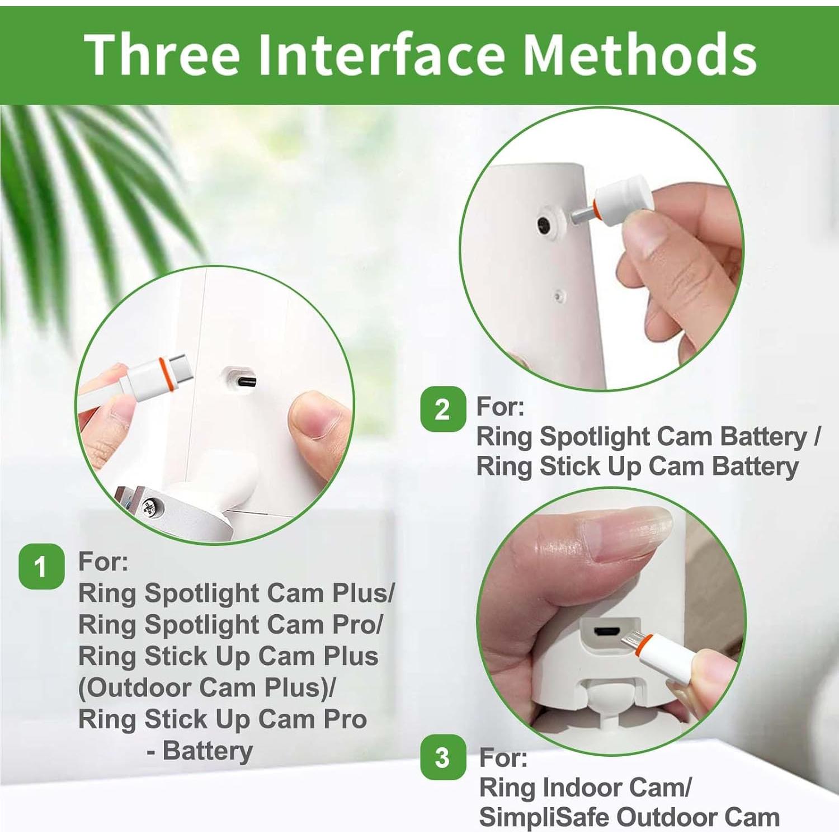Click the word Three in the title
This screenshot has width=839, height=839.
tap(163, 54)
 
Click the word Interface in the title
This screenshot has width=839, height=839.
tap(383, 54)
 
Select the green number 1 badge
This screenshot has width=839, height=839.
tap(41, 566)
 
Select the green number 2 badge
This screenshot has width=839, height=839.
tap(443, 409)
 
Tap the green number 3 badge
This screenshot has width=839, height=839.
tap(443, 757)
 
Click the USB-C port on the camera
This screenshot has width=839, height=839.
tap(246, 382)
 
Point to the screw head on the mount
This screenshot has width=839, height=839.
tap(150, 507)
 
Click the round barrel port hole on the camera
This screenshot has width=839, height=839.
tap(544, 225)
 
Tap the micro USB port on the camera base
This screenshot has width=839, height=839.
tap(606, 632)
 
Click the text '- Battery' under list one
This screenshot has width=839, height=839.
tap(200, 751)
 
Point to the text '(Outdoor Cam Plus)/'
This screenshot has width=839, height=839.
tap(207, 687)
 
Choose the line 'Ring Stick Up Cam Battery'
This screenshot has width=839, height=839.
tap(638, 466)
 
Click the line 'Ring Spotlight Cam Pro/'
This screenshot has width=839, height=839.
tap(230, 625)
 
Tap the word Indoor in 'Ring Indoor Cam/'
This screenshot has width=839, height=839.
tap(581, 788)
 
